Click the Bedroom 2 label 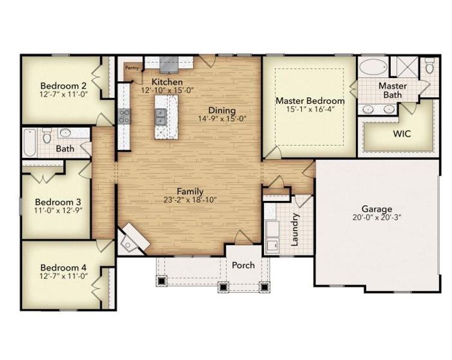click(59, 85)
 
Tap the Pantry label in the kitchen click(132, 68)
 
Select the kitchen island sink click(161, 116)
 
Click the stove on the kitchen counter click(124, 116)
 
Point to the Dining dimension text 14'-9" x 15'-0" click(221, 119)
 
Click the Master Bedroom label click(310, 101)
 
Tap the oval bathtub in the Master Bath click(373, 67)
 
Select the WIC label click(402, 134)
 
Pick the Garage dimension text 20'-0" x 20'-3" click(376, 217)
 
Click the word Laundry click(295, 230)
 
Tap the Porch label click(243, 265)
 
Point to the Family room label click(190, 191)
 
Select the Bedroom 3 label click(54, 202)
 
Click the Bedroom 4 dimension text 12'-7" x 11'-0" click(59, 276)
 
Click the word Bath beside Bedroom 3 click(65, 149)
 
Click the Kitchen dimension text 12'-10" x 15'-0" click(167, 90)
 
